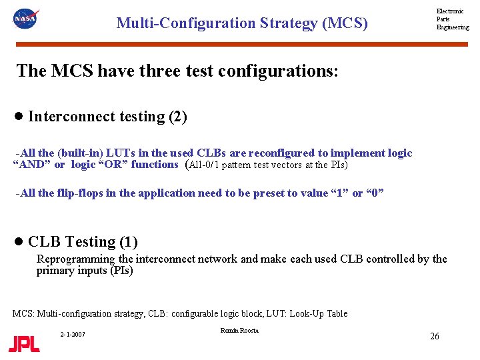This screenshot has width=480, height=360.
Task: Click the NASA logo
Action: point(25,19)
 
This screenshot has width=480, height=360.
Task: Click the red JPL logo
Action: point(24,344)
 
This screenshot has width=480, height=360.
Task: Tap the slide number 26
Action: point(434,336)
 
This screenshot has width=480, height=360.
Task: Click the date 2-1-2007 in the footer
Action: point(73,333)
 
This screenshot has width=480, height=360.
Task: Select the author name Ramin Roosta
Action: point(239,331)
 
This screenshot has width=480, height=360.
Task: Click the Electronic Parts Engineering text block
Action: point(452,19)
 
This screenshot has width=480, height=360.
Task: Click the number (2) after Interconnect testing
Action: point(178,117)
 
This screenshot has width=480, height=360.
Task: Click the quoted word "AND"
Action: point(31,165)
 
